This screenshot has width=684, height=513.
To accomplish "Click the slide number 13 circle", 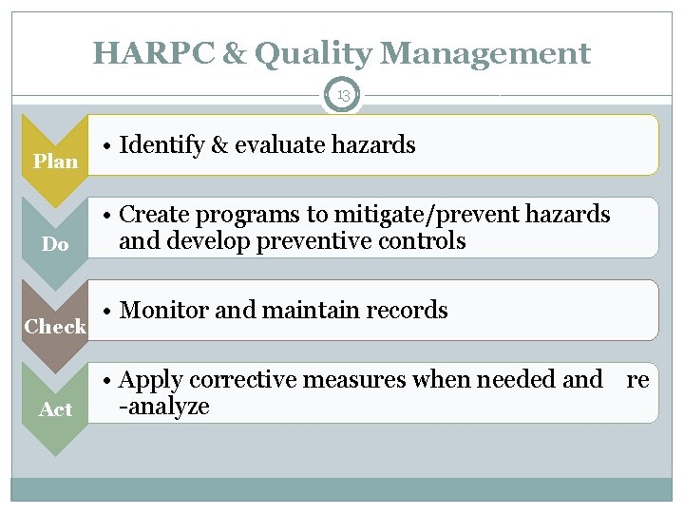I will tap(342, 95).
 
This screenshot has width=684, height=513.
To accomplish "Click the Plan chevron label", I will tap(56, 161).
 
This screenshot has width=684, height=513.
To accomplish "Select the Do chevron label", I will tap(56, 245).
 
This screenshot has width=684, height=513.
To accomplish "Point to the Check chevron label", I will tap(56, 327).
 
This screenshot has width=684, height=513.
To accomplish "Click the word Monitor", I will tap(164, 311).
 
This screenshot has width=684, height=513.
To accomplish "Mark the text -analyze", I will tap(163, 408).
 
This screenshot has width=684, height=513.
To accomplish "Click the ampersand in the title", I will tap(233, 54).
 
